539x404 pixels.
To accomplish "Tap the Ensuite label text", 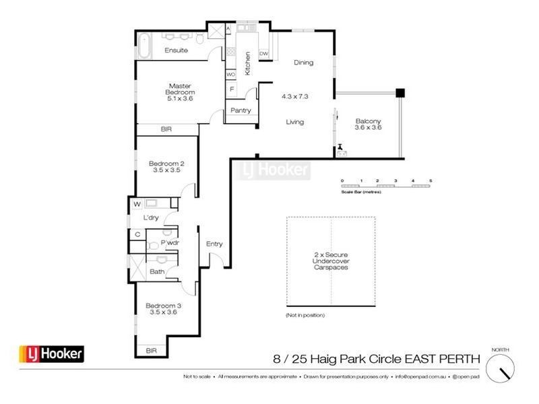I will tap(176, 50).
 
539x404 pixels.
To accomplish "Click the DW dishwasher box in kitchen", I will tap(264, 53).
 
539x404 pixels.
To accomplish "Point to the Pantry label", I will tap(241, 110).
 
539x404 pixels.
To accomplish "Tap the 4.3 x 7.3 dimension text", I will tap(294, 96).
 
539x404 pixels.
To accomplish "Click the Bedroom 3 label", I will tap(163, 306).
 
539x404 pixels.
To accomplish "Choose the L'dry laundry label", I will tap(150, 218).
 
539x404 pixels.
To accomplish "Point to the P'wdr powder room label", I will tap(169, 242).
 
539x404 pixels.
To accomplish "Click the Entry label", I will tap(214, 244).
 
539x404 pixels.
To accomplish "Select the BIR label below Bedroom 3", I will tap(153, 350).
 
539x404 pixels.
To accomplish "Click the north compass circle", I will tap(502, 370).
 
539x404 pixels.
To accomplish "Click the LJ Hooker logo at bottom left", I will tap(51, 353).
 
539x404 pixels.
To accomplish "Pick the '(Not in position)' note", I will tap(305, 315).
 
